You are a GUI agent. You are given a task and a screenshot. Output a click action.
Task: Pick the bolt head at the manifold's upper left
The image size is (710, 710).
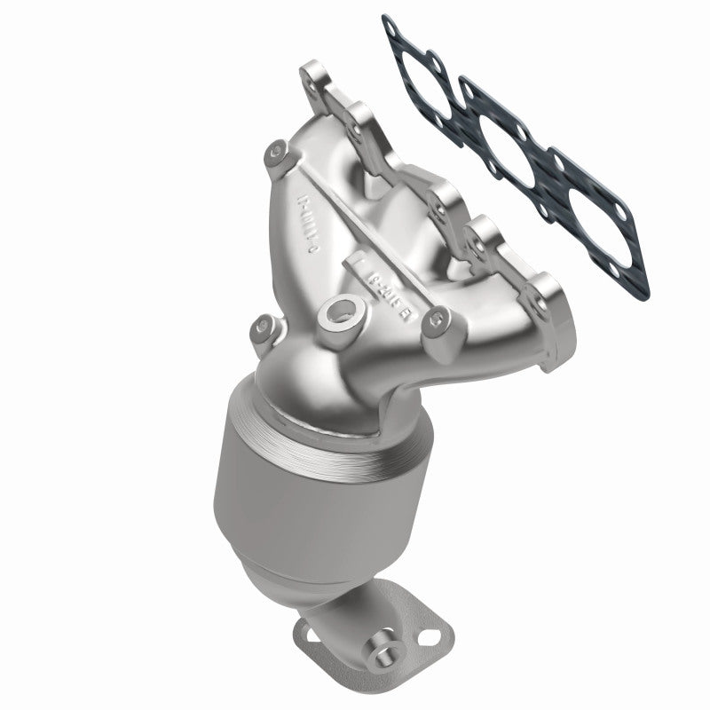pyautogui.click(x=277, y=157)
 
